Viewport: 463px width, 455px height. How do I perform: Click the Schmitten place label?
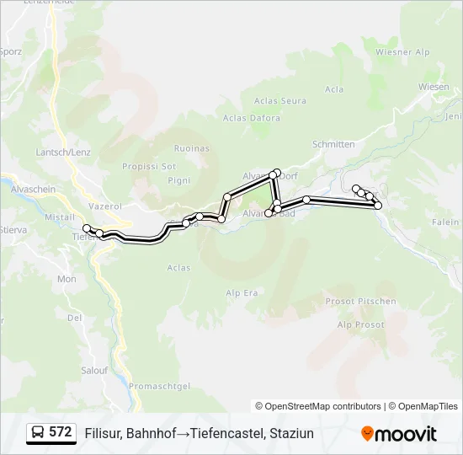(333, 144)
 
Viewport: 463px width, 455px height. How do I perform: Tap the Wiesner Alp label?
(402, 52)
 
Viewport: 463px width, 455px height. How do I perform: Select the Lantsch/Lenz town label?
(63, 152)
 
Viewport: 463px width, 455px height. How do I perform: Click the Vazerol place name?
(106, 206)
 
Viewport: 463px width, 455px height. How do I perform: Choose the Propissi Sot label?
(149, 166)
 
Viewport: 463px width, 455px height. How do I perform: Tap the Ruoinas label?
(192, 148)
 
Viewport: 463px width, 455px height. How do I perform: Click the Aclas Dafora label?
(253, 119)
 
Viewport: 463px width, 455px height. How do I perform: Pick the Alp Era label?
(242, 292)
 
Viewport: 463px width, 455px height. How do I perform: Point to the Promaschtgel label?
(161, 386)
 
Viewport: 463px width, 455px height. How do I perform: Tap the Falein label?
(445, 222)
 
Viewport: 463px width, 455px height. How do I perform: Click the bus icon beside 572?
(38, 432)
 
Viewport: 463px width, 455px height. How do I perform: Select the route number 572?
(61, 432)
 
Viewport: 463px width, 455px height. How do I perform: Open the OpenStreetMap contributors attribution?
(323, 406)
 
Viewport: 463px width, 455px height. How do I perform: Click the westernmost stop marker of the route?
(87, 228)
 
